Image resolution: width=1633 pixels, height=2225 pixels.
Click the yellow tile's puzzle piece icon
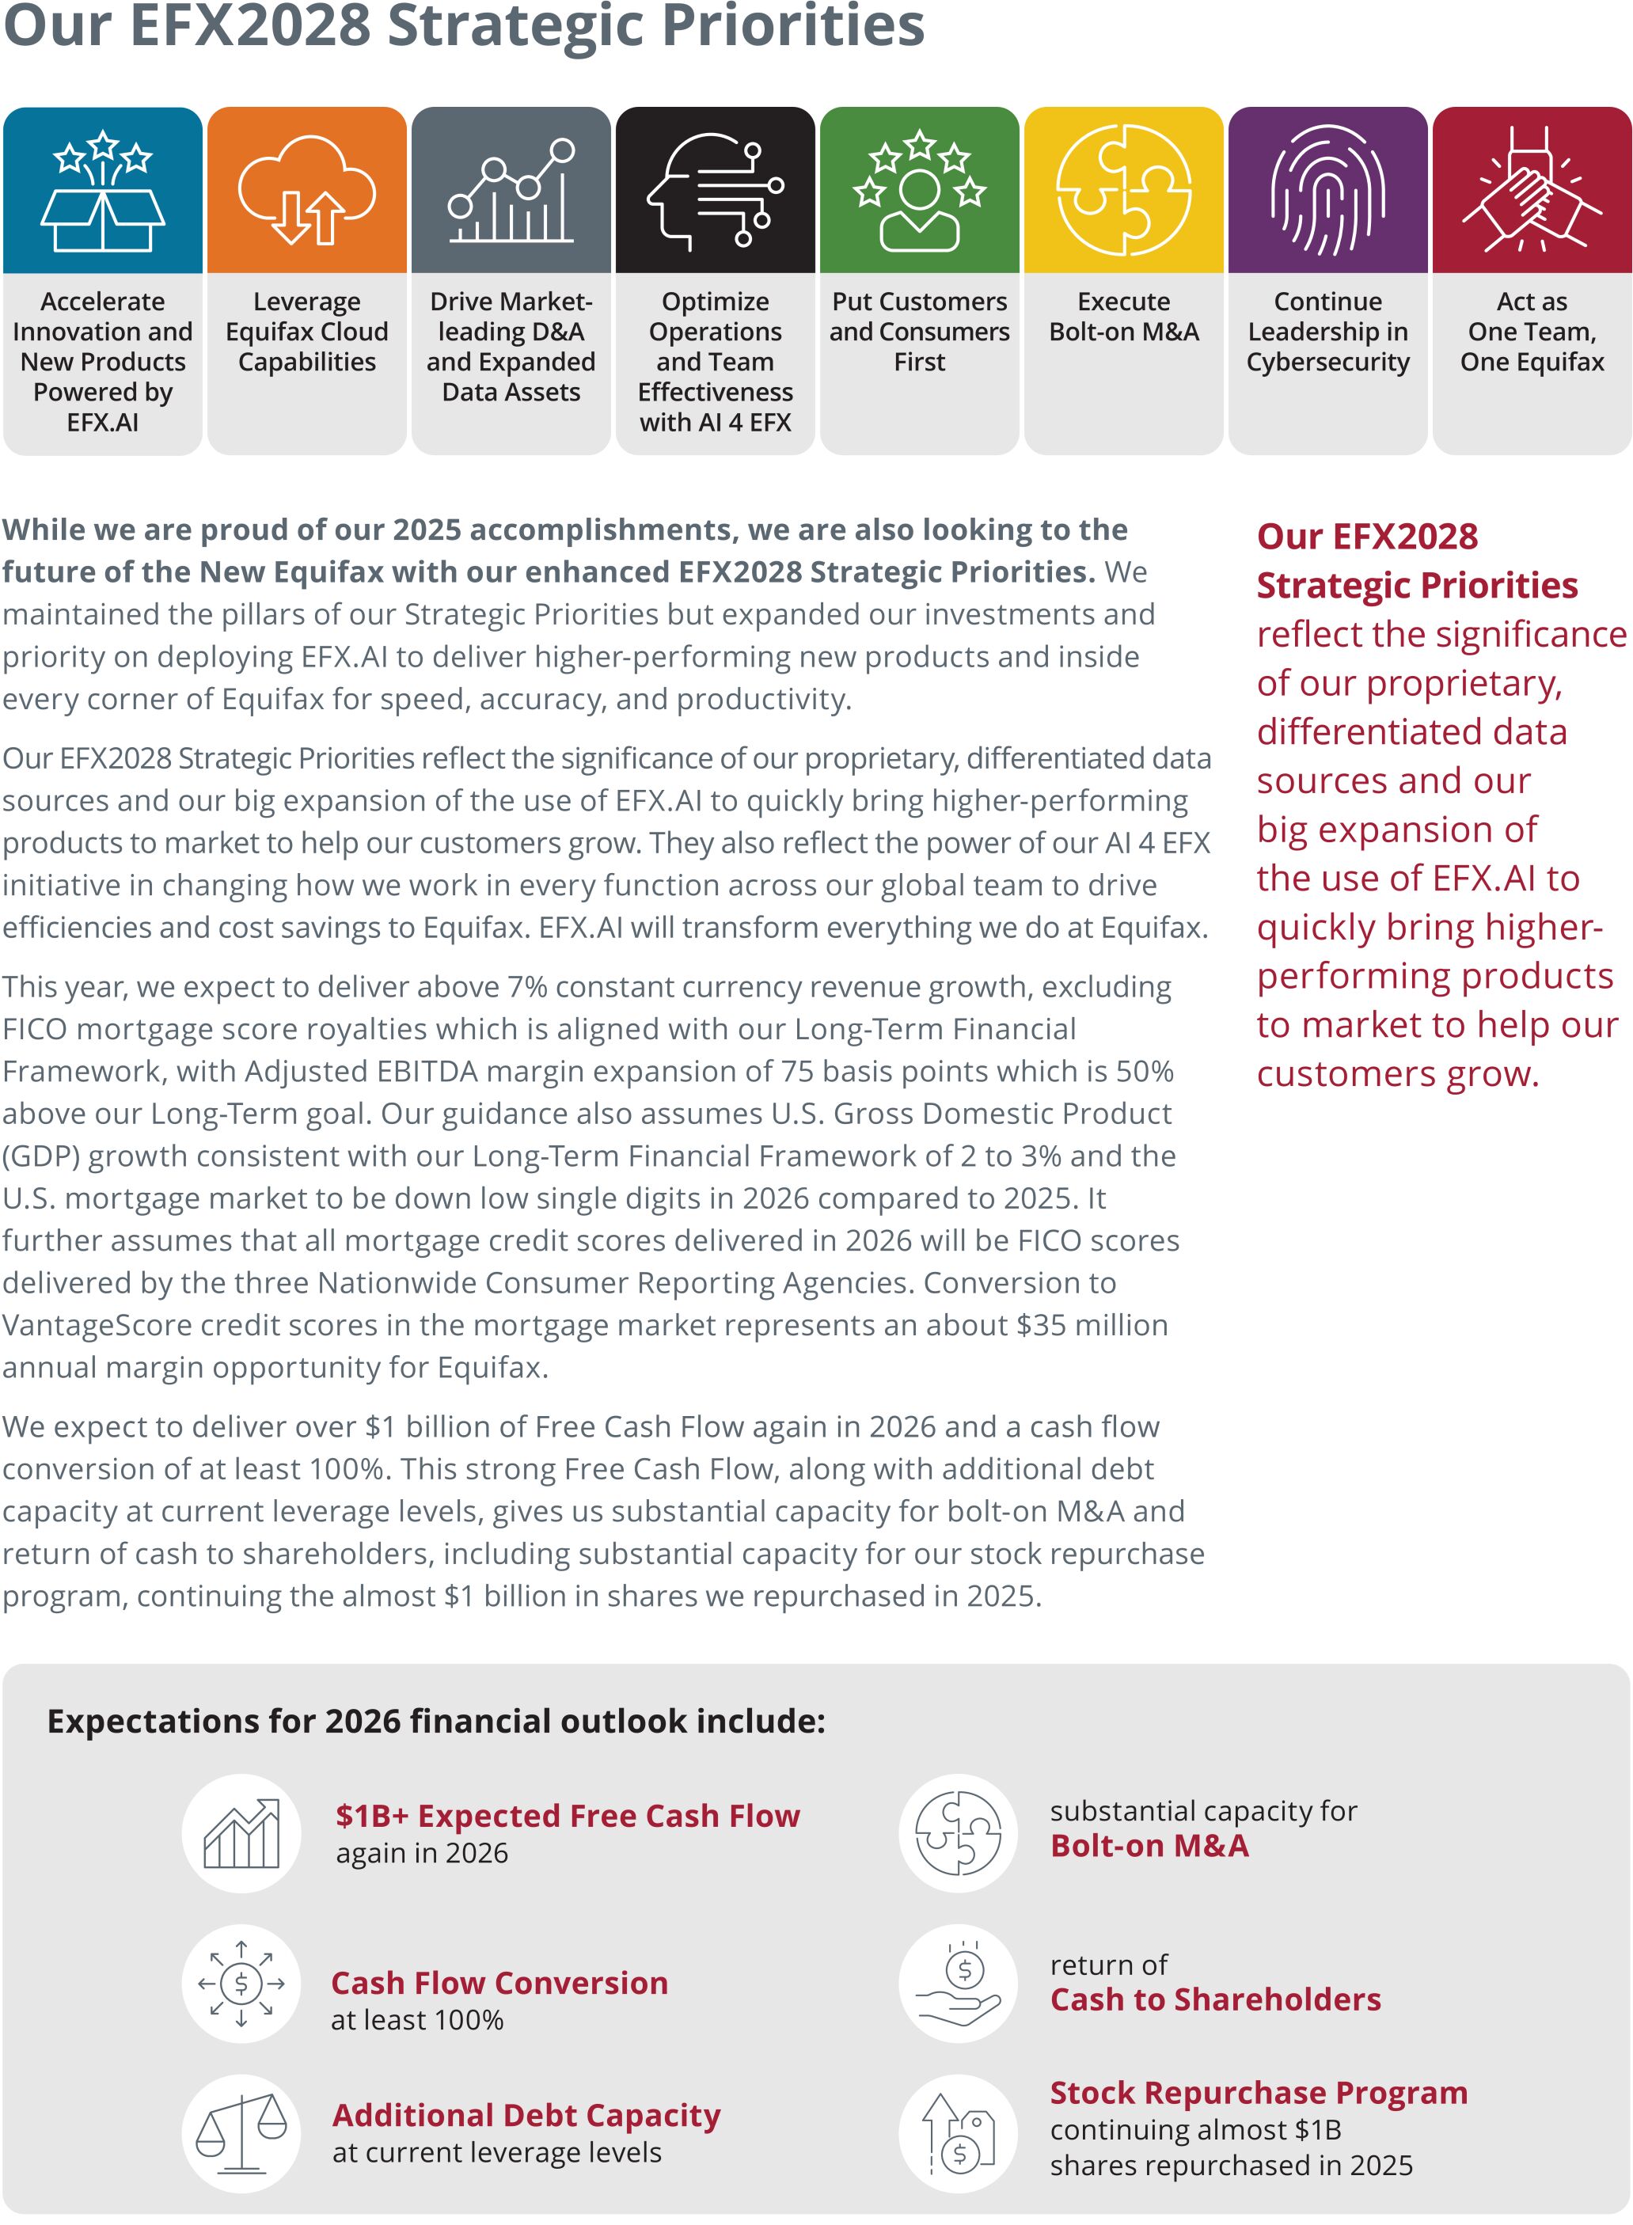tap(1123, 190)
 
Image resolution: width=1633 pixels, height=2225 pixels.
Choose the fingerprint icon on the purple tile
tap(1327, 190)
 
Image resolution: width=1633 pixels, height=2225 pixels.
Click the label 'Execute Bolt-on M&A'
tap(1124, 317)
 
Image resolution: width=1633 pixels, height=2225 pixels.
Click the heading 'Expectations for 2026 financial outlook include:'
tap(436, 1721)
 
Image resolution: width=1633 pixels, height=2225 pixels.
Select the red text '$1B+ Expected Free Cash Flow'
tap(568, 1816)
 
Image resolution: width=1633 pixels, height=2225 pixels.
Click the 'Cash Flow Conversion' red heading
tap(499, 1983)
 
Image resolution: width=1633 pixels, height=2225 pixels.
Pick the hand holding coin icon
tap(958, 1984)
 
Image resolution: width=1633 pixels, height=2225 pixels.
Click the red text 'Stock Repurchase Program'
tap(1259, 2093)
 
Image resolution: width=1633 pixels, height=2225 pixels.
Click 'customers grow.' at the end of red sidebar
tap(1398, 1073)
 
